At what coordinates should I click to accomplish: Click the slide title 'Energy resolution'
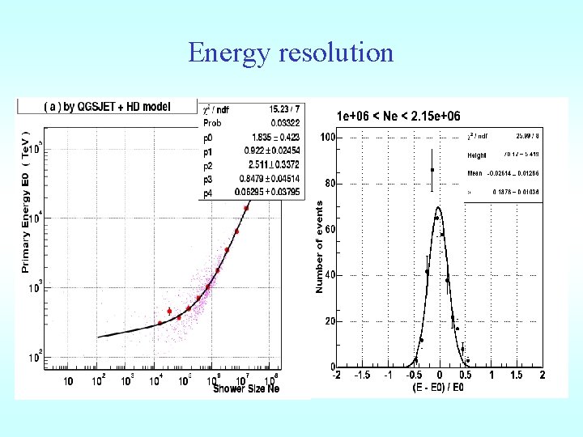291,53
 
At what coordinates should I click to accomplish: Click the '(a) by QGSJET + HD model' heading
106,107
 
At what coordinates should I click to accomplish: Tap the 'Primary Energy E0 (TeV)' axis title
27,202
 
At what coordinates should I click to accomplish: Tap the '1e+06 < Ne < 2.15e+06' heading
398,117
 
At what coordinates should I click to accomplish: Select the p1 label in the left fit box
207,150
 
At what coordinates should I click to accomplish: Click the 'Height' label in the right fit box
478,155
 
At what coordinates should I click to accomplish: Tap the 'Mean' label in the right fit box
475,173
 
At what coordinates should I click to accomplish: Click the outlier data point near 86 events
432,170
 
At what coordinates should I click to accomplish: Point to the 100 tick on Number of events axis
328,138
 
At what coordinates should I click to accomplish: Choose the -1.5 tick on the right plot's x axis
362,375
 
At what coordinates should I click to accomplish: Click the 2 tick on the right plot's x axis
542,375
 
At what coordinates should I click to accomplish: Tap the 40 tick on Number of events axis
330,275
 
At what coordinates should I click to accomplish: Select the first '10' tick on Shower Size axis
68,381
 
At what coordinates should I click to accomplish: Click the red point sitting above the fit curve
169,312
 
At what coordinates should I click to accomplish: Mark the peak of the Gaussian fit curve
437,207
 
